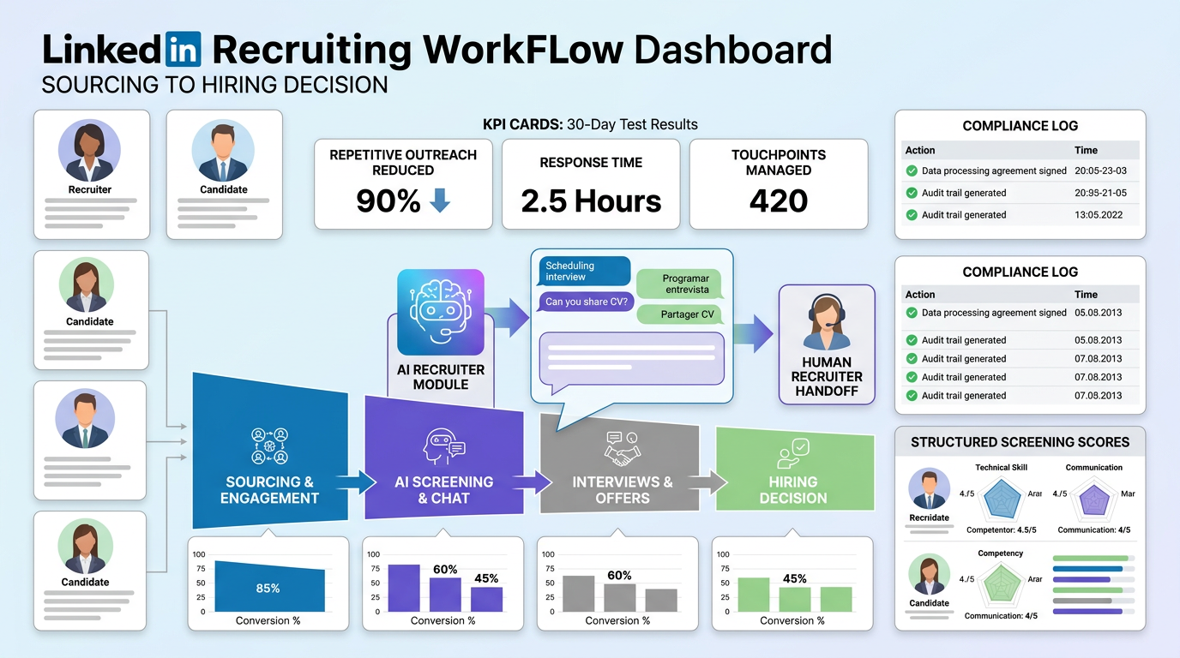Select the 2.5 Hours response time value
(591, 201)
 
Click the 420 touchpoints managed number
(778, 201)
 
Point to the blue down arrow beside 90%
(439, 201)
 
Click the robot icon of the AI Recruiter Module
(441, 312)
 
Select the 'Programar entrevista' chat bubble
(679, 284)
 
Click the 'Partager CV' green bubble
(679, 314)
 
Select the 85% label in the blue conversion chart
(268, 589)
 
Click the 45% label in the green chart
(794, 578)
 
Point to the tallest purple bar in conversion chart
(404, 588)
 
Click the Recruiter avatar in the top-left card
(90, 150)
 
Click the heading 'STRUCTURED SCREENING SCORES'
(1020, 442)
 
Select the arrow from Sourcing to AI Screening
(356, 482)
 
